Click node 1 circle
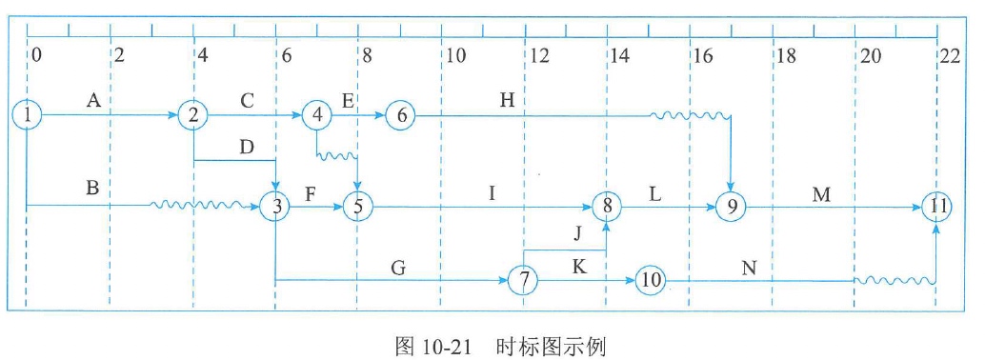click(x=29, y=115)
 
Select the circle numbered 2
click(x=193, y=115)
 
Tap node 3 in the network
click(x=276, y=205)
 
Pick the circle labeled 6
click(x=401, y=115)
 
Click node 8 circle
click(x=607, y=205)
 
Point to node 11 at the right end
click(x=936, y=205)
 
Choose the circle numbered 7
click(x=524, y=281)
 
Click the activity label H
click(x=508, y=98)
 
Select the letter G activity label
click(x=399, y=268)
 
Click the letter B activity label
click(x=92, y=188)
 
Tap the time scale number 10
click(x=455, y=55)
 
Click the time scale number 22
click(x=949, y=55)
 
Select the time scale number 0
click(x=36, y=55)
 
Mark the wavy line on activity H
click(x=690, y=115)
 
